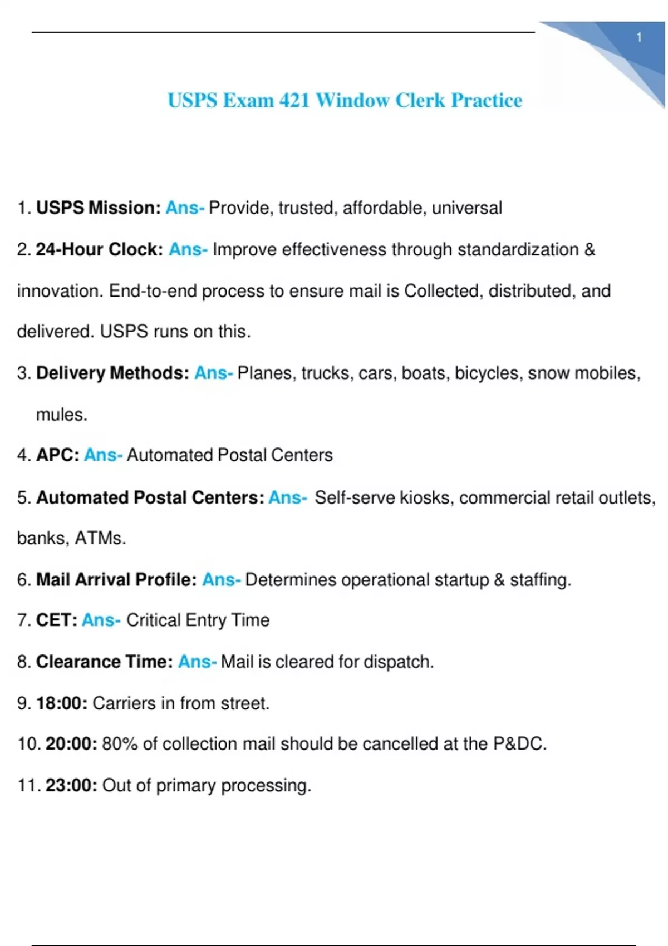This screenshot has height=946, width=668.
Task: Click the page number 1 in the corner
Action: (x=639, y=37)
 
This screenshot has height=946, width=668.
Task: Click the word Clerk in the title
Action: (x=420, y=100)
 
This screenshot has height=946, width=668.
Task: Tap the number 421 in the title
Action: (x=294, y=100)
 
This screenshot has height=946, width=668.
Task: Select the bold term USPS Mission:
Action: (x=99, y=208)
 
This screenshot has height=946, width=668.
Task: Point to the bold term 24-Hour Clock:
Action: (x=100, y=249)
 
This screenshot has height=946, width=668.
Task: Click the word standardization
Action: (x=518, y=249)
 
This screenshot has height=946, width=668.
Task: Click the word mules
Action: (x=61, y=415)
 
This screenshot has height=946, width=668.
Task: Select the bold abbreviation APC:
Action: (x=57, y=455)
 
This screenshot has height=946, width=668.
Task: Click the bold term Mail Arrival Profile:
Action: (x=116, y=580)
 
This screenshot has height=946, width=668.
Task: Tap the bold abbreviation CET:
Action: (x=57, y=620)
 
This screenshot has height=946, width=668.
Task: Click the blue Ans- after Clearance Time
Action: (x=197, y=662)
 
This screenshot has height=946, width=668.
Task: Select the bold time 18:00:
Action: (x=62, y=703)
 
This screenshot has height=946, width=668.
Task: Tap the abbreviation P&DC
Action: (x=519, y=744)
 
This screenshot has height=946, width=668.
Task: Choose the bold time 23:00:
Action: (x=71, y=785)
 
